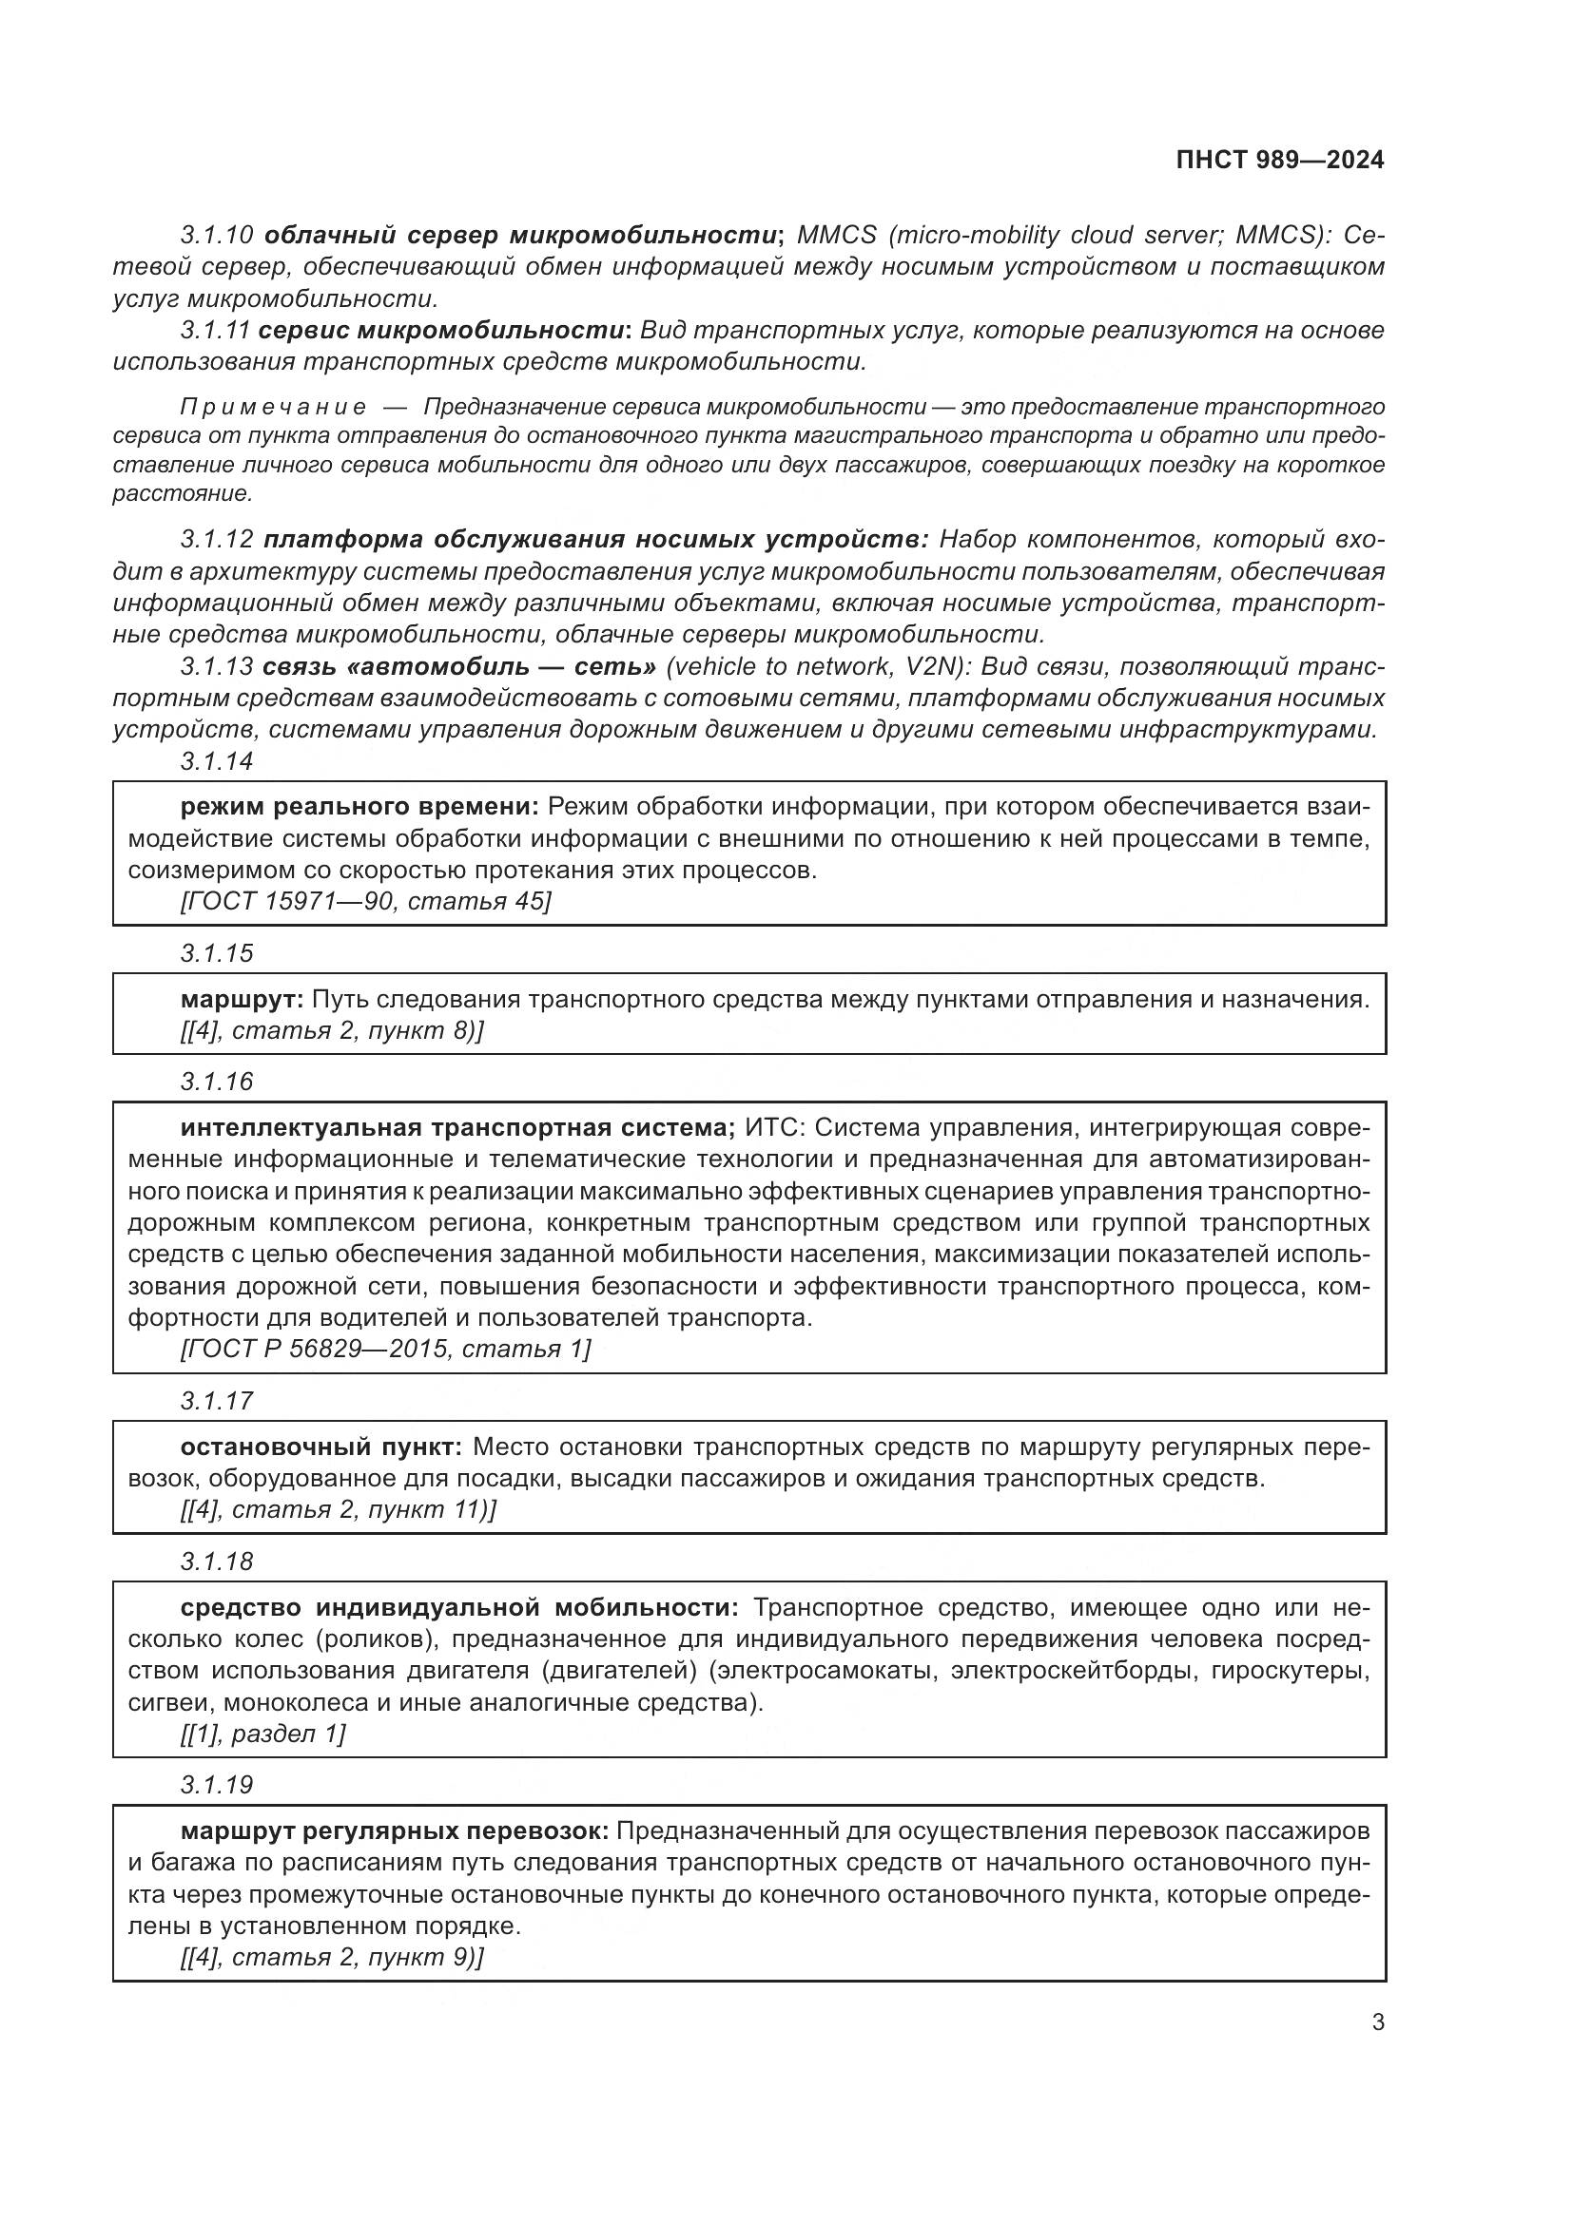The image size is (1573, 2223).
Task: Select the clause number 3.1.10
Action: click(x=217, y=236)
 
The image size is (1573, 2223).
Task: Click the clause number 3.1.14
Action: click(x=217, y=762)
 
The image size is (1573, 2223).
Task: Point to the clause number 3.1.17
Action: click(x=217, y=1401)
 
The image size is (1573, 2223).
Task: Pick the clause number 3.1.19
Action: click(x=217, y=1785)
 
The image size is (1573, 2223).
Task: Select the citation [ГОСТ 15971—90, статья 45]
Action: click(x=365, y=901)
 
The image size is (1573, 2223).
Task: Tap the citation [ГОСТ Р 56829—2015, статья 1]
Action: click(x=384, y=1349)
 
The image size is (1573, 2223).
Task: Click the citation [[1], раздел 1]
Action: click(x=262, y=1734)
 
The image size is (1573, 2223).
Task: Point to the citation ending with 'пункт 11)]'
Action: click(x=338, y=1509)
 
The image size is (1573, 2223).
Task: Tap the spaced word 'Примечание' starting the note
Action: click(x=273, y=407)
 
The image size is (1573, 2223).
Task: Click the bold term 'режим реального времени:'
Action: click(x=359, y=807)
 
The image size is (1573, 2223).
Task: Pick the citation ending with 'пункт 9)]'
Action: click(x=331, y=1957)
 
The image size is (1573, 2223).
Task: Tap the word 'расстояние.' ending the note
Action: click(x=182, y=494)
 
